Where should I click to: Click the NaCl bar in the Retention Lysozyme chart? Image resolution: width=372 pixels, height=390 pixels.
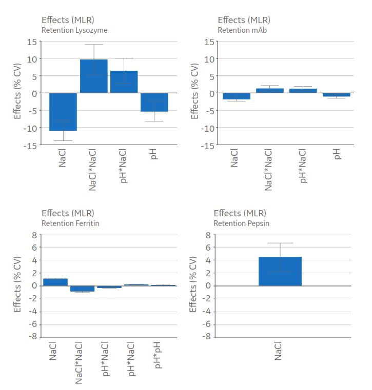(63, 112)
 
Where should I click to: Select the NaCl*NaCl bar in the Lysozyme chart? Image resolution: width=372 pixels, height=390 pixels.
(93, 76)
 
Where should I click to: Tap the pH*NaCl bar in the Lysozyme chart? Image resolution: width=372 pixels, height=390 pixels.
(124, 82)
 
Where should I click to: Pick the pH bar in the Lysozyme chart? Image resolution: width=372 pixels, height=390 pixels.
(154, 102)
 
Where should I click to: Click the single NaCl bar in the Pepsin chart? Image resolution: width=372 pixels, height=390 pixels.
(280, 271)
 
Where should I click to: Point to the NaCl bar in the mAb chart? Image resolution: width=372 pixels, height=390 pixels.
(236, 96)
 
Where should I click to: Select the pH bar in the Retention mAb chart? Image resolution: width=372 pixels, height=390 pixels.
(336, 95)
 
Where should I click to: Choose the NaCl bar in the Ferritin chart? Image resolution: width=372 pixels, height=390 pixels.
(55, 282)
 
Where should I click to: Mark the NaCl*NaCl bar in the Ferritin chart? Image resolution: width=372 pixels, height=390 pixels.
(82, 289)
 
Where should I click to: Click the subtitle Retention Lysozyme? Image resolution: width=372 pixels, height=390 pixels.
(74, 30)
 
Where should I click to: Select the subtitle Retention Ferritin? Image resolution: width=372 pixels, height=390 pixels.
(70, 223)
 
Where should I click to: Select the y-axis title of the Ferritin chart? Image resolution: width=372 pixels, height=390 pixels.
(17, 286)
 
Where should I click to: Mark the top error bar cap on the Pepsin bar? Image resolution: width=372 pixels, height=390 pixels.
(280, 243)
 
